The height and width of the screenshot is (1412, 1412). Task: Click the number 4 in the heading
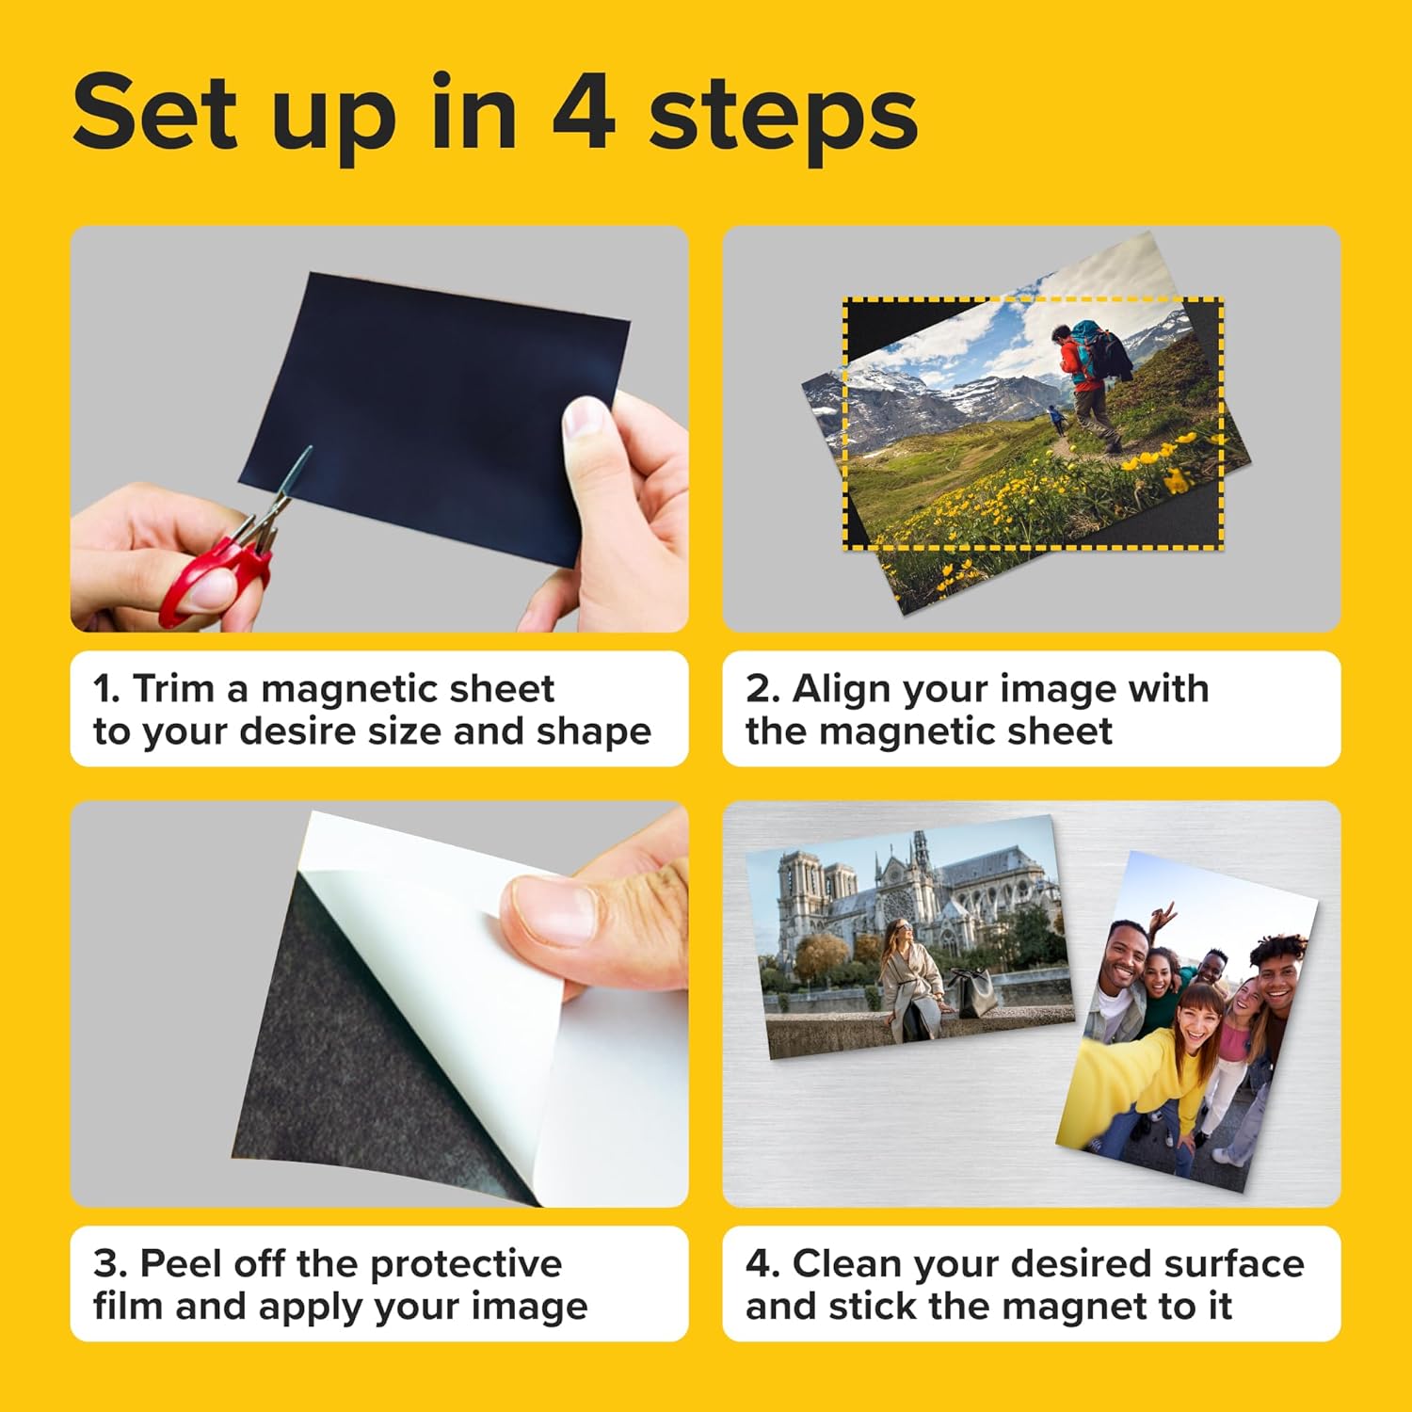coord(584,113)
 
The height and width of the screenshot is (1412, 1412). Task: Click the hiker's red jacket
coord(1071,362)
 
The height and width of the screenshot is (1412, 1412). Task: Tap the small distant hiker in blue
coord(1057,418)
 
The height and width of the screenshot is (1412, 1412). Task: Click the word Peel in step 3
coord(183,1263)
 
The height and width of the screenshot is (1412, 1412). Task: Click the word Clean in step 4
coord(847,1263)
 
